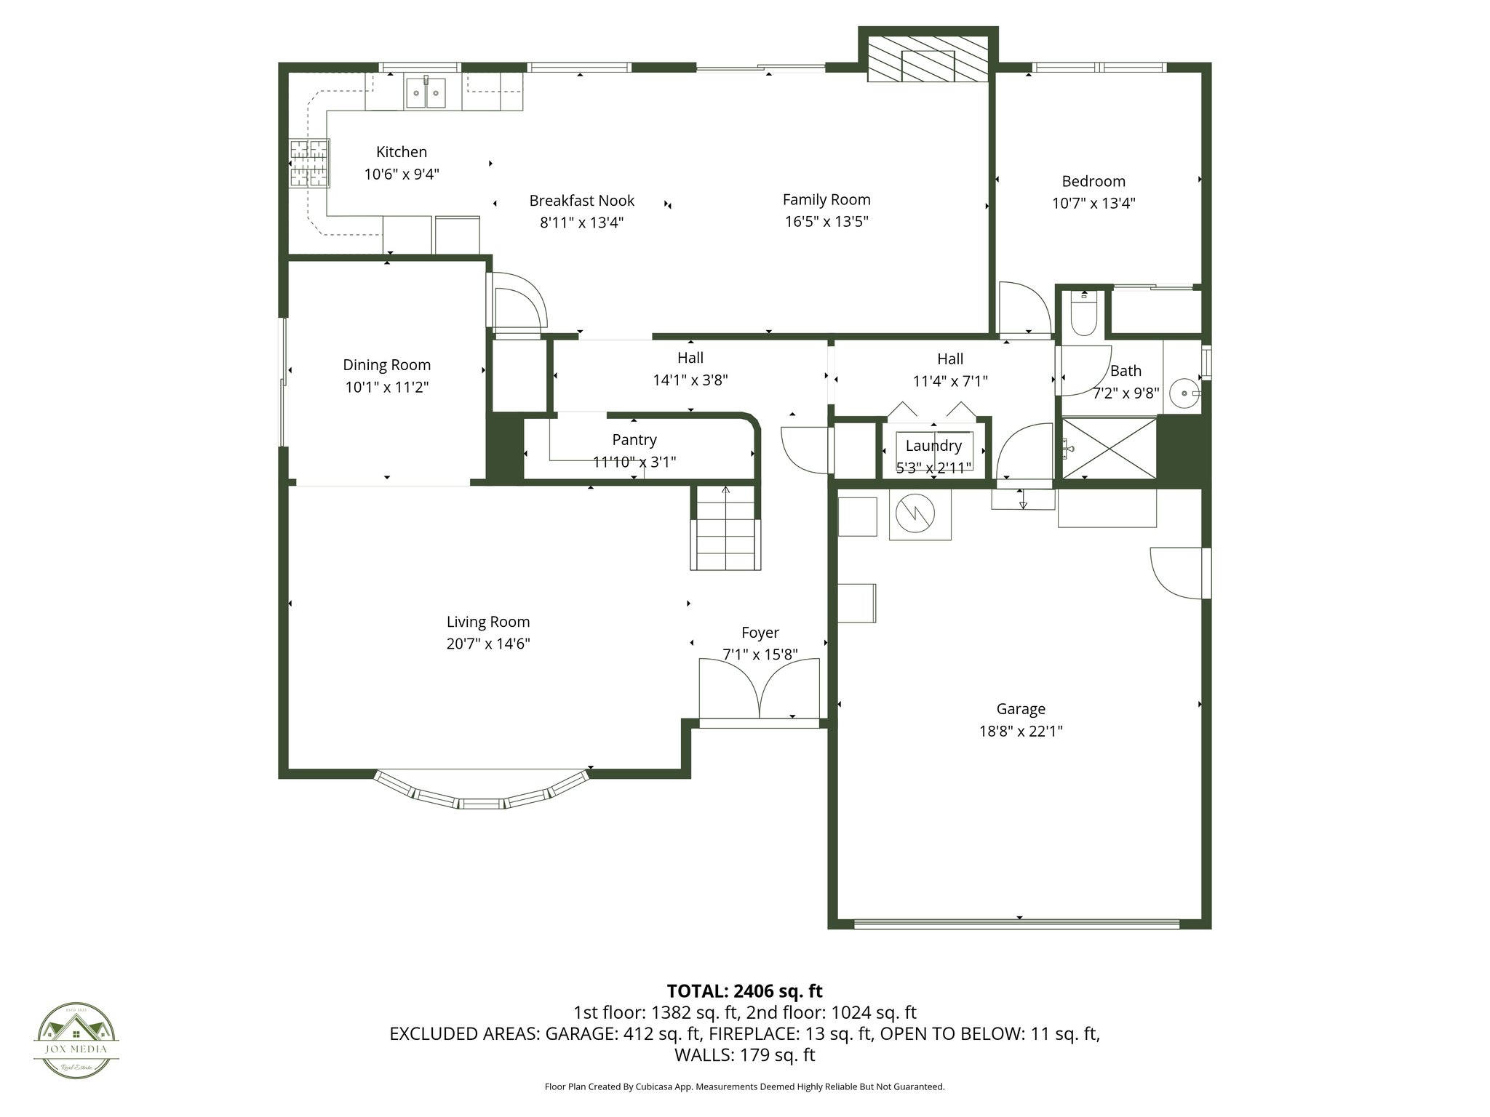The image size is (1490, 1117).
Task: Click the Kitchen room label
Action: pos(401,152)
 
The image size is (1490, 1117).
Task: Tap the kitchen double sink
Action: pos(426,92)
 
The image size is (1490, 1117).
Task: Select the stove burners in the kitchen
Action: pos(308,163)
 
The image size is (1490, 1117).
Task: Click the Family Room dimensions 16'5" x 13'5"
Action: pos(826,222)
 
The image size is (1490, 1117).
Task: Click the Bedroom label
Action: pos(1093,181)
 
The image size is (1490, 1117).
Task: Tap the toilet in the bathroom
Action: pos(1083,315)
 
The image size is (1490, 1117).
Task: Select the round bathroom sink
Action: pos(1184,393)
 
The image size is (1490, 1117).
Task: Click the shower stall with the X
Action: pos(1109,448)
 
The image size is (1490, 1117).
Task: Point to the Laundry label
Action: pos(933,446)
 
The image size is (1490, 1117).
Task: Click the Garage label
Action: pos(1021,709)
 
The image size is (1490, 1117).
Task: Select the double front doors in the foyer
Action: pos(759,689)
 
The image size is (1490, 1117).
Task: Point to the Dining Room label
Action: pos(386,365)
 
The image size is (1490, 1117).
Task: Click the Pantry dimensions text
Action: pos(634,462)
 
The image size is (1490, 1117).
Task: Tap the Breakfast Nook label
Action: pos(581,201)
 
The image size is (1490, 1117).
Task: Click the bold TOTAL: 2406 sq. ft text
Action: pos(744,990)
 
